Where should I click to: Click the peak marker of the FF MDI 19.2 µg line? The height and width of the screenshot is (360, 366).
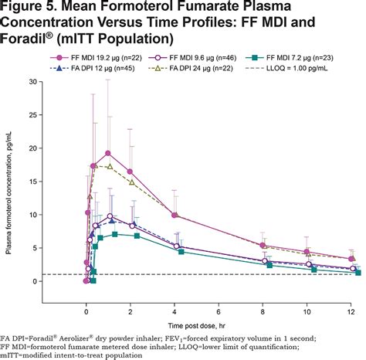(108, 153)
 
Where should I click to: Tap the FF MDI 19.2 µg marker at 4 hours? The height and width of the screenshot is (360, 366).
(175, 216)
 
